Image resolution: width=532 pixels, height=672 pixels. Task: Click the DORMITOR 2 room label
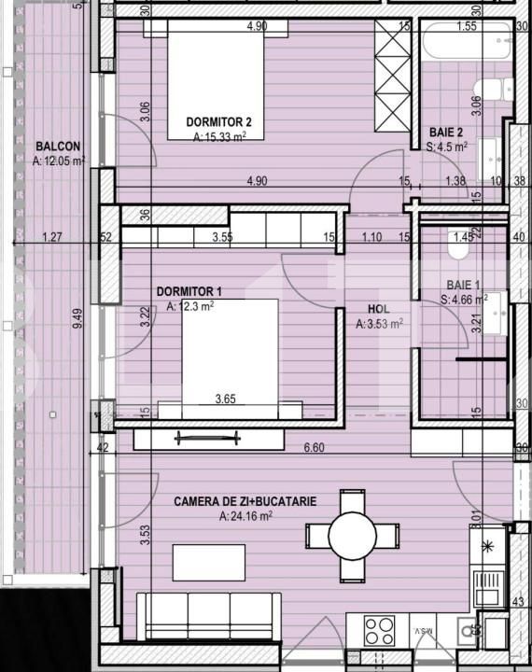point(218,121)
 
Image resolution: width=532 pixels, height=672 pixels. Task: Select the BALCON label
point(58,146)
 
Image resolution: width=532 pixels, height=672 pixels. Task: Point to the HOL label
point(380,308)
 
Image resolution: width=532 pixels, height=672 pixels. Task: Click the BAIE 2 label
point(449,132)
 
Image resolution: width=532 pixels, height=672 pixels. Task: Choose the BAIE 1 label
point(460,285)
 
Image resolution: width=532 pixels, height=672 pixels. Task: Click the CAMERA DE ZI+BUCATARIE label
point(245,501)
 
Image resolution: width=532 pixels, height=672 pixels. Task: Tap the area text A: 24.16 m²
point(245,515)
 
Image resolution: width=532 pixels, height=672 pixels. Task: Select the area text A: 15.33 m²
point(218,136)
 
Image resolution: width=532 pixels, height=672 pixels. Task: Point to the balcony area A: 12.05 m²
point(58,161)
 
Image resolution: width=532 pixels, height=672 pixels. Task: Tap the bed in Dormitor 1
point(230,355)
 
